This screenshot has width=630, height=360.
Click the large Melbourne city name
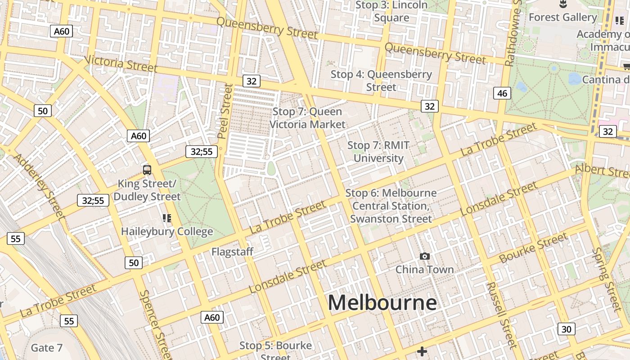[382, 302]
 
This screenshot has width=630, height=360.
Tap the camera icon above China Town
[424, 256]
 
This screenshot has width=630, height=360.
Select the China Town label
[424, 270]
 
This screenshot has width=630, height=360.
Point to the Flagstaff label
[233, 252]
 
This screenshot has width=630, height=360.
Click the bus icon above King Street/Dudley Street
[147, 170]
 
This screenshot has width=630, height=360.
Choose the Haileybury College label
[167, 231]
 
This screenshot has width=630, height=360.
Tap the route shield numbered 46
[502, 94]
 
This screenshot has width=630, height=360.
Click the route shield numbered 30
[566, 329]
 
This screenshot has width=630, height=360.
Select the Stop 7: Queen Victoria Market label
[307, 118]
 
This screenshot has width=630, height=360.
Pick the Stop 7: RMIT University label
[378, 152]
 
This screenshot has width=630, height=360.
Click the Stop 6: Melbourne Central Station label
[391, 206]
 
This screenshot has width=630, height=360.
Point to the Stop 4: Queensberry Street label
[381, 81]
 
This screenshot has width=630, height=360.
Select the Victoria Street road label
[121, 64]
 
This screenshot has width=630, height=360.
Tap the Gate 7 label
[46, 348]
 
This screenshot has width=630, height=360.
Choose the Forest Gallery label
[562, 17]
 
